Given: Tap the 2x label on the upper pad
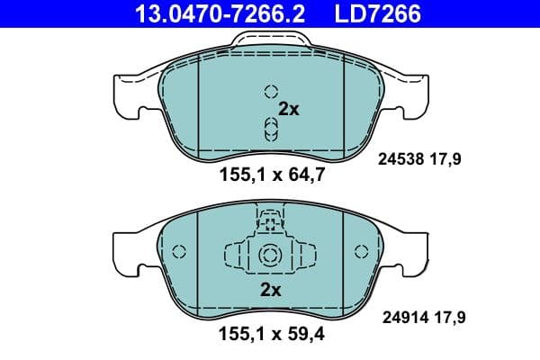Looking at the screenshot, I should tap(288, 109).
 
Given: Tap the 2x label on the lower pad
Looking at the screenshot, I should tap(270, 290).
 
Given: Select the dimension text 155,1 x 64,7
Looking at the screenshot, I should tap(270, 176).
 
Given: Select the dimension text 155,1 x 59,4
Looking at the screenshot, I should tap(270, 339).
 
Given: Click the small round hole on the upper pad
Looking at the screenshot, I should tap(269, 91).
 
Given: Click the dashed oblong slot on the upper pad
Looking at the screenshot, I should tap(269, 128).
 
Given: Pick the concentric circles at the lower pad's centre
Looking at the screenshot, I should tap(269, 256).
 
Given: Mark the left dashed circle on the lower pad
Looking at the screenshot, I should tap(178, 252).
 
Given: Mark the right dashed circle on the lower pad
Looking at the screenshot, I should tap(361, 252).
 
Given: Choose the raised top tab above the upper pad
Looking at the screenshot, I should tap(269, 40).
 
